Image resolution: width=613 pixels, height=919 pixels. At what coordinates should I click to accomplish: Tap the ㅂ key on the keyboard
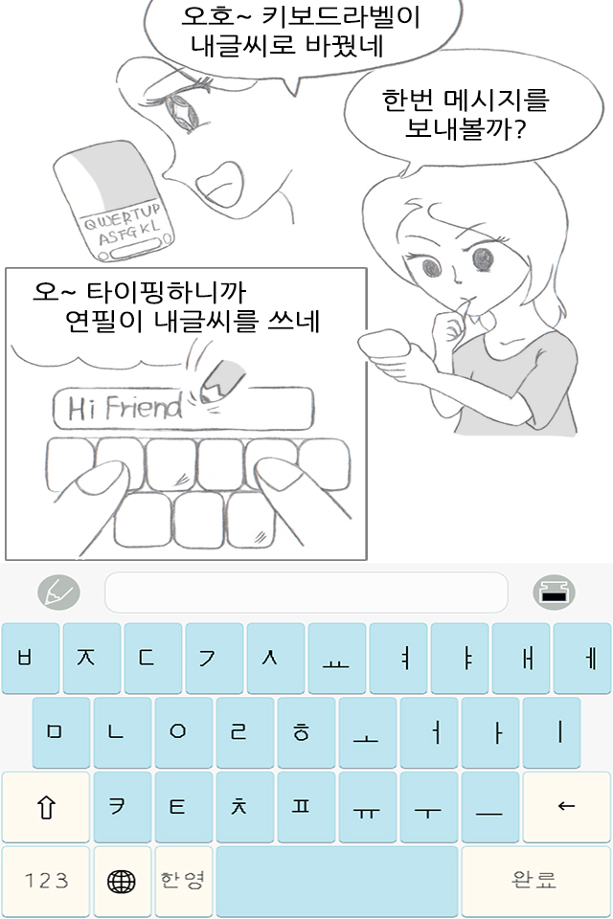coord(31,658)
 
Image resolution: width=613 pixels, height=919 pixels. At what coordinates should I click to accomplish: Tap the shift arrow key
coord(46,806)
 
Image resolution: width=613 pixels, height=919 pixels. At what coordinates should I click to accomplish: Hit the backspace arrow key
coord(566,806)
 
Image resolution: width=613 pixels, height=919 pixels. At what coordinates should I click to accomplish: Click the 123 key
coord(46,881)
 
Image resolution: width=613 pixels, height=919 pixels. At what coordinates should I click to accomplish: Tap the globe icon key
coord(122,881)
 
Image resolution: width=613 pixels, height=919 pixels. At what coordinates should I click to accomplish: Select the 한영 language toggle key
coord(183,881)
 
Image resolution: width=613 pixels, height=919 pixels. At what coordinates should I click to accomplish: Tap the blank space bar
coord(337,881)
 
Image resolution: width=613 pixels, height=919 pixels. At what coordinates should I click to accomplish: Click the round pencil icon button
coord(58,592)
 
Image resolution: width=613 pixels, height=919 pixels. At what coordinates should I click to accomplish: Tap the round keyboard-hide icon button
coord(554,592)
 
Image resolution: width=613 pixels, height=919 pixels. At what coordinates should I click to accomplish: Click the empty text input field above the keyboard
coord(306,592)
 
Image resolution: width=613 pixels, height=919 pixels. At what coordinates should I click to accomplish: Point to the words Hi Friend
coord(125,408)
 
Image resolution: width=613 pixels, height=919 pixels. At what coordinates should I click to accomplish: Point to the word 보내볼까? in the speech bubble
coord(465,128)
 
